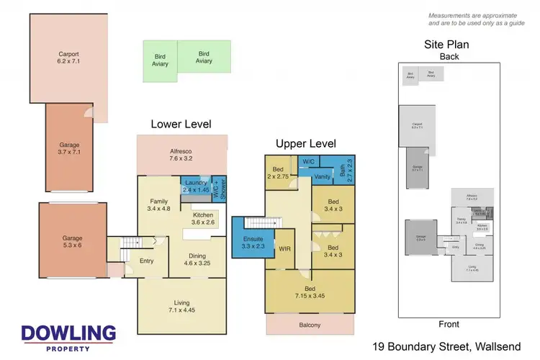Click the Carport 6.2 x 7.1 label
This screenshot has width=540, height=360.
coord(68,58)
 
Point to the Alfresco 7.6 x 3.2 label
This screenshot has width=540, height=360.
coord(183,154)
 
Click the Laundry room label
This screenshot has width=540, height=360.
coord(195,186)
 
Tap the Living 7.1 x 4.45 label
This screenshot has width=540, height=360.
coord(181,307)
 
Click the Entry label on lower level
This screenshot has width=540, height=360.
coord(146,261)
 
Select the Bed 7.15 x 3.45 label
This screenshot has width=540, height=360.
coord(310,289)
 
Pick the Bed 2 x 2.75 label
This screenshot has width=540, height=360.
coord(279,172)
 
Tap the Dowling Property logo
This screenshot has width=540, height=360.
coord(68,337)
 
